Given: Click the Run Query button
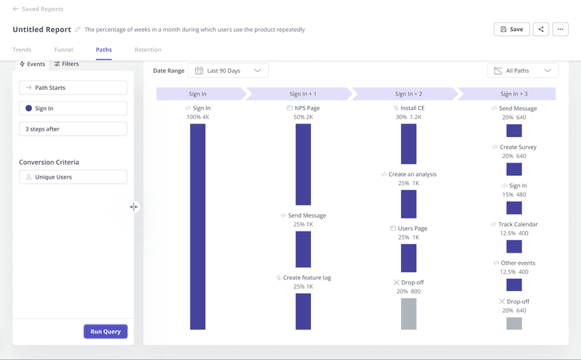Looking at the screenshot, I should pyautogui.click(x=105, y=332).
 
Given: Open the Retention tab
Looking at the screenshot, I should pyautogui.click(x=147, y=49).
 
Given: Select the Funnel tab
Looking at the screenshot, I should pyautogui.click(x=63, y=49).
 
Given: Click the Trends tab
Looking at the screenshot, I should pyautogui.click(x=22, y=49).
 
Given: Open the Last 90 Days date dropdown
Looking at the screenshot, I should pyautogui.click(x=228, y=70).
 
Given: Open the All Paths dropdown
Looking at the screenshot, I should pyautogui.click(x=522, y=70).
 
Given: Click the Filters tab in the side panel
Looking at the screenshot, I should pyautogui.click(x=67, y=64).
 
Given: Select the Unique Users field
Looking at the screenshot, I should pyautogui.click(x=73, y=177).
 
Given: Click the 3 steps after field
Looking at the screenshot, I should pyautogui.click(x=73, y=129).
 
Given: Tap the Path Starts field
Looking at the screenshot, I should pyautogui.click(x=73, y=88).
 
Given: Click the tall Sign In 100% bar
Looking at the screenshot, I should pyautogui.click(x=198, y=226).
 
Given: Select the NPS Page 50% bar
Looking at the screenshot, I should pyautogui.click(x=303, y=164).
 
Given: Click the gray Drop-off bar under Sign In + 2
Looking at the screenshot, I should pyautogui.click(x=409, y=314).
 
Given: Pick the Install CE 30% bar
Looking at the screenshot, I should pyautogui.click(x=409, y=144).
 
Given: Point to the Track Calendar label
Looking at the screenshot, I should pyautogui.click(x=518, y=224).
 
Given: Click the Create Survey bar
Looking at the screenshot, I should pyautogui.click(x=514, y=169).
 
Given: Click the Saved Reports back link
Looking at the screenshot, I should pyautogui.click(x=38, y=9).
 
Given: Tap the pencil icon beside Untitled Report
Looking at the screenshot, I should pyautogui.click(x=78, y=30).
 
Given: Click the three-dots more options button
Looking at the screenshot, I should pyautogui.click(x=560, y=30).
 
